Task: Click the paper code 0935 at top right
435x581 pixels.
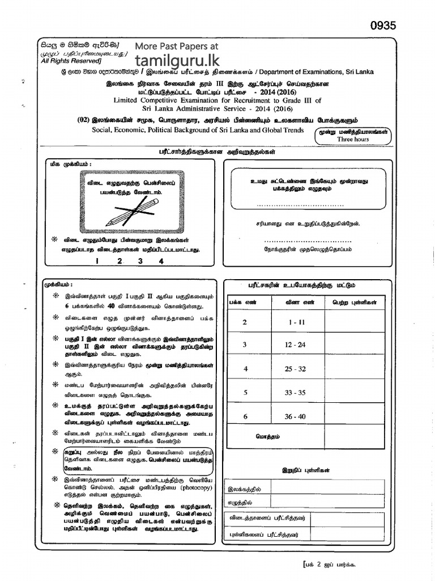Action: click(383, 25)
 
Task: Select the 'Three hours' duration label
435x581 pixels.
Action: click(353, 139)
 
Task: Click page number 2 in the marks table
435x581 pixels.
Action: click(245, 322)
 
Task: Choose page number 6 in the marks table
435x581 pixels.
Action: click(245, 416)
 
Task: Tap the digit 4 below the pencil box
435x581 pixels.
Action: click(161, 261)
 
